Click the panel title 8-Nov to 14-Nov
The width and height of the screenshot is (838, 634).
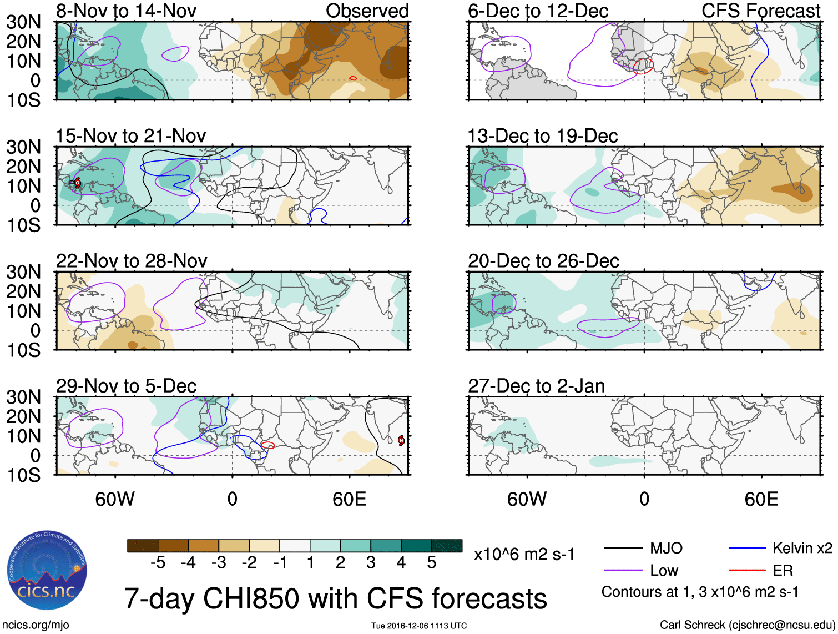126,11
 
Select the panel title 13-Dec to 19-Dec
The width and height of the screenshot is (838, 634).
542,136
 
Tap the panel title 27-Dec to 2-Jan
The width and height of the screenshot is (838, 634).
536,386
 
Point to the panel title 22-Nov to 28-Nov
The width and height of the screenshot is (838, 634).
132,261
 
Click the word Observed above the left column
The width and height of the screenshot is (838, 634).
367,11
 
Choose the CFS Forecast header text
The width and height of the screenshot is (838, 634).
760,11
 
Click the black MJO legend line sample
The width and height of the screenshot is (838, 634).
623,549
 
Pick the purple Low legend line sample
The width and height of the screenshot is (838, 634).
623,571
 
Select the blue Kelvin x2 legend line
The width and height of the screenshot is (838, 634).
747,549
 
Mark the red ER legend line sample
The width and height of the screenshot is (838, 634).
747,571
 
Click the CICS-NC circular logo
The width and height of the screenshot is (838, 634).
47,570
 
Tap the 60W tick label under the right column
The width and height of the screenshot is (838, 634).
527,499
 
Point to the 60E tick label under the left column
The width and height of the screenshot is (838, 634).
349,499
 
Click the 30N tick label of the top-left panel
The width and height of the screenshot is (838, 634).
23,22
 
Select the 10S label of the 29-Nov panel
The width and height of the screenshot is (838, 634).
23,475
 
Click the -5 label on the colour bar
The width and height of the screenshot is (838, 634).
158,563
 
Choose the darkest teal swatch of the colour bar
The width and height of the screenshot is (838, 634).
447,546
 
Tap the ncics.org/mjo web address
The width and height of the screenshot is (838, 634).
36,625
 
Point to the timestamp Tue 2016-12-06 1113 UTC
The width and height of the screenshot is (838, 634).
419,626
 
